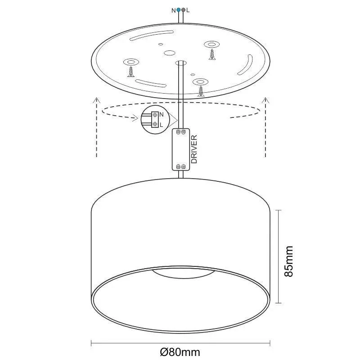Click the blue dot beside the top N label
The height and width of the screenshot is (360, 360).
tap(179, 9)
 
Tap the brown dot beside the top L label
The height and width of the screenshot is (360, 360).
tap(184, 9)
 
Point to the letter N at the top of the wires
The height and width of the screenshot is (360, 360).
tap(174, 9)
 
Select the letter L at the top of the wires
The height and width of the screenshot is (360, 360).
tap(188, 9)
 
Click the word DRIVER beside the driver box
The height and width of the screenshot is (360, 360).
tap(194, 149)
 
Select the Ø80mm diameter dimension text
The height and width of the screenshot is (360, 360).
tap(180, 351)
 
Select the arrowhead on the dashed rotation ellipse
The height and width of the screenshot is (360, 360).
tap(136, 119)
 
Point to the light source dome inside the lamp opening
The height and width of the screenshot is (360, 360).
tap(181, 272)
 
